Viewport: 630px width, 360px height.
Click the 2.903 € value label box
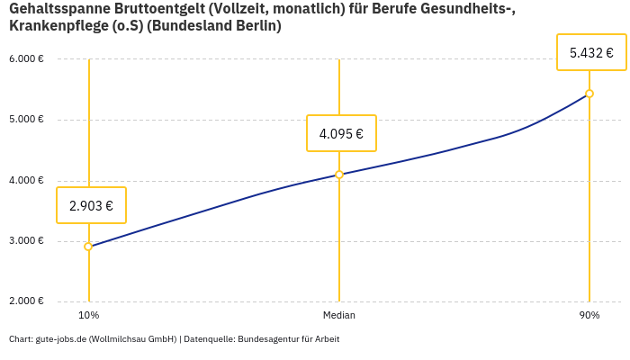tap(91, 205)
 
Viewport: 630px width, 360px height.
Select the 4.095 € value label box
tap(341, 133)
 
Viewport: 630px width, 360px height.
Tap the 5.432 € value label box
tap(591, 52)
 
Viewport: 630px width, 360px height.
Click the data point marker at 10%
tap(88, 247)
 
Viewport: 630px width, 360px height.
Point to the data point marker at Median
tap(339, 175)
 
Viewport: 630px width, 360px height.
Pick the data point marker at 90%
tap(589, 94)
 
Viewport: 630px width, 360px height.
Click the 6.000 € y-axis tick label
tap(26, 59)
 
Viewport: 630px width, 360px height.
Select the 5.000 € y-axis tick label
tap(26, 120)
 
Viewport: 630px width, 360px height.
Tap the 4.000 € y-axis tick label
tap(26, 180)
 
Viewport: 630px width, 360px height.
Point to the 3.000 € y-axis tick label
tap(26, 241)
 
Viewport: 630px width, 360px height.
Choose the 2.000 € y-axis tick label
tap(26, 301)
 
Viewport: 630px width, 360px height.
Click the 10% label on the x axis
tap(88, 315)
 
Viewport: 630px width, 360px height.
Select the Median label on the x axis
tap(339, 315)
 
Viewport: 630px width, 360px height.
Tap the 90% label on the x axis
tap(589, 315)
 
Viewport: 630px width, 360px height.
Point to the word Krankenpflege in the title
tap(55, 26)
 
